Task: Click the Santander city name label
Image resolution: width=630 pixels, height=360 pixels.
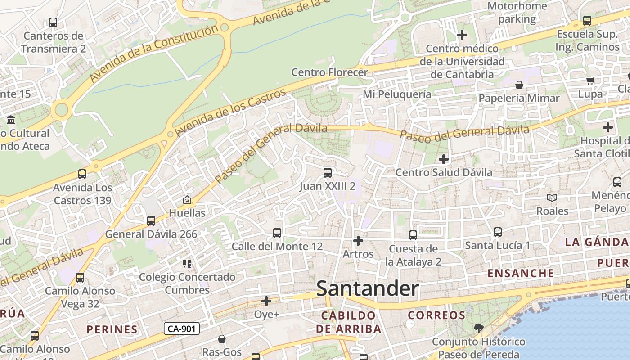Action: [x=368, y=288]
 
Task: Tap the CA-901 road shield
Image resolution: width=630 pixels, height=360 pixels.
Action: [x=181, y=329]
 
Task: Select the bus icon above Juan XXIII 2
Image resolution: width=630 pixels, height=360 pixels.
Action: [x=328, y=172]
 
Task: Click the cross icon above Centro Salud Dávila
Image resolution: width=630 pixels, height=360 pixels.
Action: [x=444, y=159]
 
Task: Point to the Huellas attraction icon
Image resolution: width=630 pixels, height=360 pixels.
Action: [x=187, y=200]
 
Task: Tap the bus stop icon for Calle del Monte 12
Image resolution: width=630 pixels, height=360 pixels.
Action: [x=277, y=233]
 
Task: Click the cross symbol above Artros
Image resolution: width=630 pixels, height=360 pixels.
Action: [x=358, y=241]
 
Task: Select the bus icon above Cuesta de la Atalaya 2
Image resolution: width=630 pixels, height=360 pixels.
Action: [x=413, y=235]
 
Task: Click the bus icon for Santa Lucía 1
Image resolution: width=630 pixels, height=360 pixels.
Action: [x=498, y=232]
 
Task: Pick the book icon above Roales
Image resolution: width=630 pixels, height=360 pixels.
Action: [x=552, y=198]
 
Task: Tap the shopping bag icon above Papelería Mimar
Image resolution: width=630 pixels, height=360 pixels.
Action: [x=519, y=85]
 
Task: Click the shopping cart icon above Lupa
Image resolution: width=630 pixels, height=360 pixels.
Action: [x=590, y=81]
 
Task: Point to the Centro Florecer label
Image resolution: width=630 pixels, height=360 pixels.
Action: [x=329, y=72]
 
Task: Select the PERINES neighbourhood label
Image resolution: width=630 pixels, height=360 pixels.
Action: [x=112, y=329]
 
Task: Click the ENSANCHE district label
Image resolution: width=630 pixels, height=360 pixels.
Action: [x=521, y=273]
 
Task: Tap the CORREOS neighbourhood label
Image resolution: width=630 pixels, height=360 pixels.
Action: [x=436, y=315]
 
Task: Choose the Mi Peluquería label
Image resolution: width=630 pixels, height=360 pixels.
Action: [x=397, y=94]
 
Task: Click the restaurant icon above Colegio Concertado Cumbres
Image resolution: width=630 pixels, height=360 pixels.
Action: [x=187, y=263]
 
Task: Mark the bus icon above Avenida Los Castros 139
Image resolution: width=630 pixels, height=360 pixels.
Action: [x=82, y=174]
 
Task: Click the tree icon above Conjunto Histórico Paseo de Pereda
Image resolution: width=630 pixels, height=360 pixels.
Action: [x=478, y=328]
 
